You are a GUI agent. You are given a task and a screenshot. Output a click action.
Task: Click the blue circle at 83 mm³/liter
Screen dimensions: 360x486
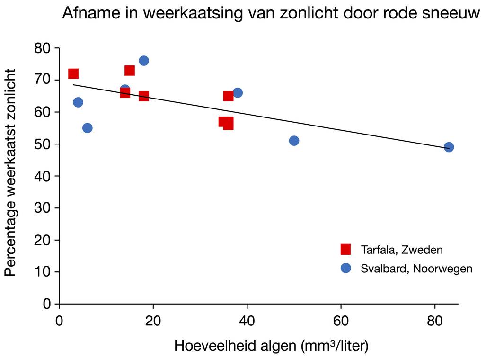pos(449,147)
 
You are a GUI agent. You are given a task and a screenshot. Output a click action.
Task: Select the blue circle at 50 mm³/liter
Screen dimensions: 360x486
pos(294,141)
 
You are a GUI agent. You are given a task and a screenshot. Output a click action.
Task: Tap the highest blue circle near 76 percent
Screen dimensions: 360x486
pos(144,61)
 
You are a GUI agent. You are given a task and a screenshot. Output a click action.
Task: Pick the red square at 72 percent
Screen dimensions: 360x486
pos(73,73)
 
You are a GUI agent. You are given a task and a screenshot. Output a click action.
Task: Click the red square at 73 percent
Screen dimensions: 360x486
pos(130,71)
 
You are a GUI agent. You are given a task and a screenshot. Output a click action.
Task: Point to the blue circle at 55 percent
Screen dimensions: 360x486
pos(88,128)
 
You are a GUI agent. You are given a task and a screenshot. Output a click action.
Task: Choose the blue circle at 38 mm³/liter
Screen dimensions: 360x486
pos(238,93)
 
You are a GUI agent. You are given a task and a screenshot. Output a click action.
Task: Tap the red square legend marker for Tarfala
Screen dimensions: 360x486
pos(346,249)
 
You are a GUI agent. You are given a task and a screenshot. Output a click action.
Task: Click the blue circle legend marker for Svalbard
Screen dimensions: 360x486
pos(346,268)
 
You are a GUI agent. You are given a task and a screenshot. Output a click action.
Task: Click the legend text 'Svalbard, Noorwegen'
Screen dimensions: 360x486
pos(416,269)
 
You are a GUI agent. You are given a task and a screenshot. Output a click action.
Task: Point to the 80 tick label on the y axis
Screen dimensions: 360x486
pos(43,48)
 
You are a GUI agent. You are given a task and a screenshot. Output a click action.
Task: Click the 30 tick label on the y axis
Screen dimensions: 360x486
pos(43,208)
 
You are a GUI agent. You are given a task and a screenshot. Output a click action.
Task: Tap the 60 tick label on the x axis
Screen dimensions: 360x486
pos(341,321)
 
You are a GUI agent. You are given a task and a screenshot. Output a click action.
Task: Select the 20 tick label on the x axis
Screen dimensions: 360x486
pos(153,321)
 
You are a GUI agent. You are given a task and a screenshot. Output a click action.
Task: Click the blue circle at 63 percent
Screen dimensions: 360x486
pos(78,102)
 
